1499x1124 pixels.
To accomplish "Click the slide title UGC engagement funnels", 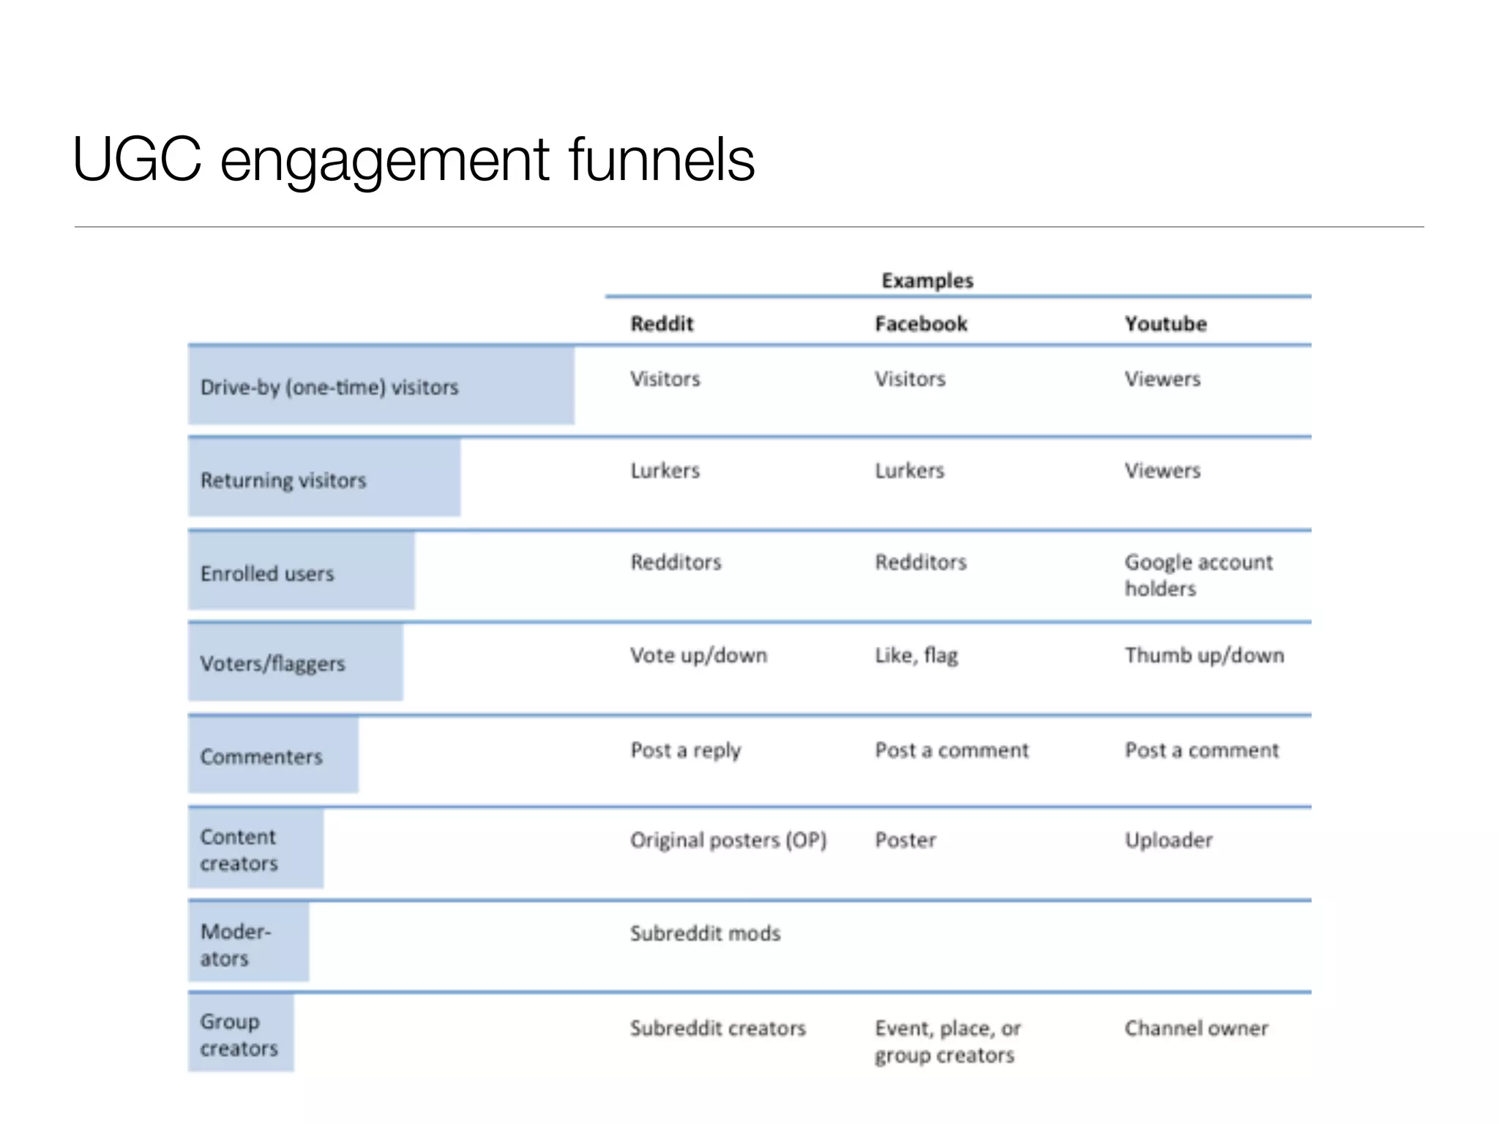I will (414, 160).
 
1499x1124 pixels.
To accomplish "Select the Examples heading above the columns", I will (927, 280).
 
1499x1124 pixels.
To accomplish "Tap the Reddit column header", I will (662, 323).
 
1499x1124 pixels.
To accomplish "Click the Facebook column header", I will (921, 323).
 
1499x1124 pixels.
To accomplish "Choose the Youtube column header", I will (1165, 323).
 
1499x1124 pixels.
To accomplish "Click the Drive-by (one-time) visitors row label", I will (329, 387).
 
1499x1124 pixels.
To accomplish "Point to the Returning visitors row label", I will (283, 480).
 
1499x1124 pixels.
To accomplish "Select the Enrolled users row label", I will (267, 573).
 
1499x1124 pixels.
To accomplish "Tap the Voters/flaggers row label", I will (272, 664).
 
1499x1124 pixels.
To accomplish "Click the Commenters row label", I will (261, 757).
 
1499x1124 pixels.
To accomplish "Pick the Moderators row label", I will (235, 945).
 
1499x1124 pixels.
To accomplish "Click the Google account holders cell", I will (1198, 575).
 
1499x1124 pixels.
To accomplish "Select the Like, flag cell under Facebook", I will (916, 655).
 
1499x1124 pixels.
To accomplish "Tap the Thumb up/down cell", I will (1204, 655).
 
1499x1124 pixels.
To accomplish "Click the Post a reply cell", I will (686, 751).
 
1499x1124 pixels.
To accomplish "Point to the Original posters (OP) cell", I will (728, 840).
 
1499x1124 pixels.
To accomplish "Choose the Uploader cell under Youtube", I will (1168, 840).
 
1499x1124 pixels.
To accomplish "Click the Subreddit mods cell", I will (706, 933).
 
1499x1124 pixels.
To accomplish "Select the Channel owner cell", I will (1196, 1028).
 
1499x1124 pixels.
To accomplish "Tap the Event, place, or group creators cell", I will (947, 1041).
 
